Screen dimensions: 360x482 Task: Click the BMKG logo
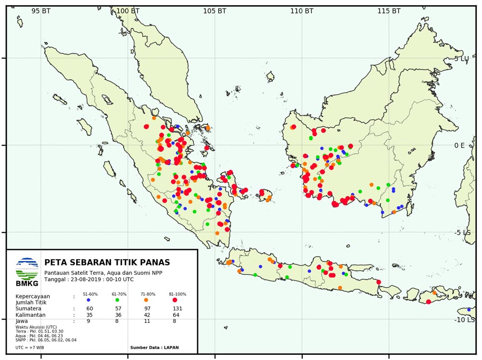point(27,272)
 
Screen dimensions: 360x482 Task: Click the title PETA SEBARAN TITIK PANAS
point(107,263)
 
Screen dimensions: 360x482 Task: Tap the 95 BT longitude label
point(41,11)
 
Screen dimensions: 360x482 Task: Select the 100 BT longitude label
point(128,11)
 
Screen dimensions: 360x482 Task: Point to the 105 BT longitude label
point(214,11)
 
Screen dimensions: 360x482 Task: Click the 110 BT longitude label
point(302,11)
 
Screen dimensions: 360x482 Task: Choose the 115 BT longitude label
point(388,11)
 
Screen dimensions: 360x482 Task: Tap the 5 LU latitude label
point(475,59)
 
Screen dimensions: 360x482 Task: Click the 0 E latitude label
point(473,146)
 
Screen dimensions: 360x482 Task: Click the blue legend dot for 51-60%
point(88,300)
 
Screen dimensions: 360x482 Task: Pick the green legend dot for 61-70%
point(117,300)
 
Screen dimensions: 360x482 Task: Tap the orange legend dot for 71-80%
point(146,300)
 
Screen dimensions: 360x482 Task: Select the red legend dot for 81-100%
point(175,300)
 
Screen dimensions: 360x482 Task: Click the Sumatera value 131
point(177,309)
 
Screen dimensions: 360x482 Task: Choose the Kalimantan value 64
point(177,315)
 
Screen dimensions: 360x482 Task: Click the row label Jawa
point(22,321)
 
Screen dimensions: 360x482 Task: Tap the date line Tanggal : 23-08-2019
point(89,279)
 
